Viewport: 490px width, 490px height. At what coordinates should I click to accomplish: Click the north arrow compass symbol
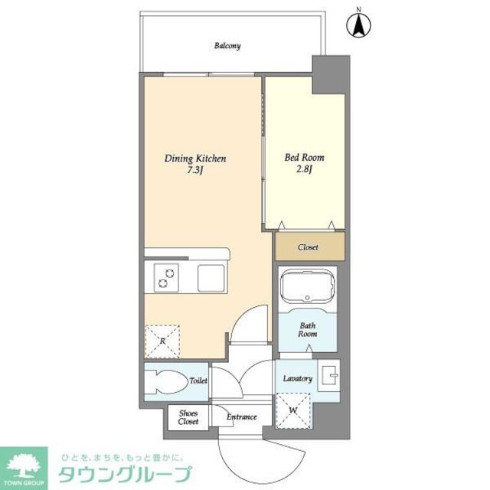[357, 24]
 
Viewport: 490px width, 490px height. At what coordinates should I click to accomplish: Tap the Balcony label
[227, 46]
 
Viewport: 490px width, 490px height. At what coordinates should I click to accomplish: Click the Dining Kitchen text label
[195, 158]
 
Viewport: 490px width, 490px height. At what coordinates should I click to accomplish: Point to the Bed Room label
[304, 157]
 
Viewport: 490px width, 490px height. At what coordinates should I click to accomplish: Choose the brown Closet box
[309, 247]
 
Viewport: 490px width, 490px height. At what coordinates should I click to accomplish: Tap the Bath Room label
[308, 329]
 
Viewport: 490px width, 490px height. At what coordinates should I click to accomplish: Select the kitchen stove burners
[166, 277]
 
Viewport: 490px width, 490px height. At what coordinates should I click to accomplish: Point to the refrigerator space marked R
[162, 340]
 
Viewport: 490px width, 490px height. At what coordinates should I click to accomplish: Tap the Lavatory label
[296, 379]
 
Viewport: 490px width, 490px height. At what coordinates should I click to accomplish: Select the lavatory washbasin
[330, 376]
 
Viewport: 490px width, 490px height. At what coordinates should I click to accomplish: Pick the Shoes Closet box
[188, 417]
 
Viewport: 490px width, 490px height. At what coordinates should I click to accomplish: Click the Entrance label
[242, 417]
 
